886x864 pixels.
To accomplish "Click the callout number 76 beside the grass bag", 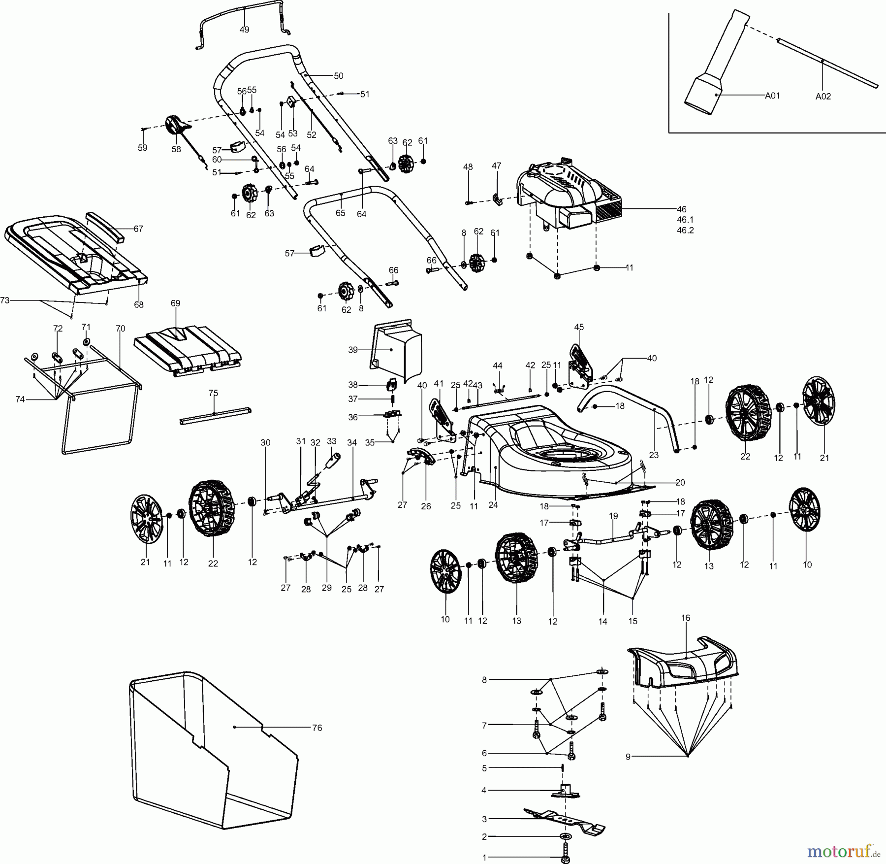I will (317, 728).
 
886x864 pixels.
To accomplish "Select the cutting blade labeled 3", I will (566, 821).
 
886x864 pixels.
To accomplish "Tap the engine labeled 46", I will (566, 197).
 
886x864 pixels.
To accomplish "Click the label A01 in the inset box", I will (772, 96).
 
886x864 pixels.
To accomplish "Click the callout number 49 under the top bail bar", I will (244, 30).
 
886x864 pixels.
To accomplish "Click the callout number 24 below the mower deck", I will (493, 505).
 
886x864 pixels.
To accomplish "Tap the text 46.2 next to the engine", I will (685, 230).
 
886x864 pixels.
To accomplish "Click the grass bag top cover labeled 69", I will (187, 347).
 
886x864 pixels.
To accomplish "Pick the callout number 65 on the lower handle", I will (340, 213).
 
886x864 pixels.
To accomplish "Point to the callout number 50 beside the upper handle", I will (339, 76).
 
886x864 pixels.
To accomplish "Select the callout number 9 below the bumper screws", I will (628, 757).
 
